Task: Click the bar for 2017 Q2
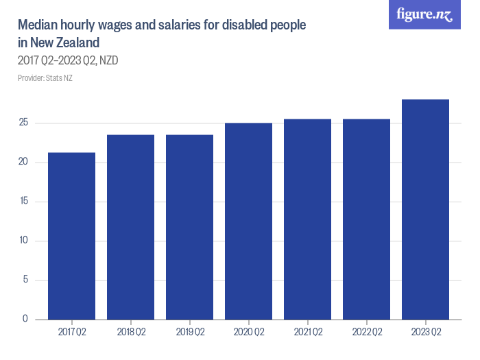pos(71,236)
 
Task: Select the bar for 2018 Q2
pos(130,227)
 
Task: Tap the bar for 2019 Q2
pos(189,227)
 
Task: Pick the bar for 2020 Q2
pos(248,221)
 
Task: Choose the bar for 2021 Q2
pos(307,219)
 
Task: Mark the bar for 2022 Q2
pos(366,219)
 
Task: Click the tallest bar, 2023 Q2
pos(425,209)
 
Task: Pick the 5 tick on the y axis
pos(25,280)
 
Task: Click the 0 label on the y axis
pos(25,319)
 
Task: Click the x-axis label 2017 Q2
pos(71,333)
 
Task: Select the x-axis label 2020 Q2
pos(248,333)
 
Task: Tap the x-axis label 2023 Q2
pos(425,333)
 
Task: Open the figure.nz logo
pos(425,14)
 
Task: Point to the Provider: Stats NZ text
pos(45,78)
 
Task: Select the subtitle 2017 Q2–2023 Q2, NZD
pos(68,61)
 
